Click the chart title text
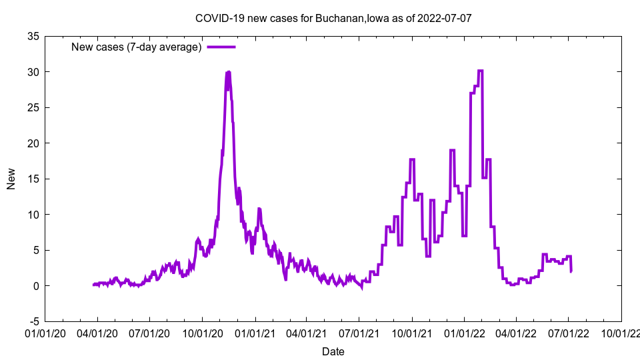[333, 18]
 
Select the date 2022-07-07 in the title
[445, 18]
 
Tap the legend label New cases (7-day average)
[137, 47]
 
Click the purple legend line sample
[221, 47]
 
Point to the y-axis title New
[11, 179]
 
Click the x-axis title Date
[333, 351]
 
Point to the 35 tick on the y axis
[33, 36]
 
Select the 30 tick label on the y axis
[33, 72]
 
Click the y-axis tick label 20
[33, 143]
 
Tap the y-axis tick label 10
[33, 215]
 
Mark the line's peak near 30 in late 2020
[229, 72]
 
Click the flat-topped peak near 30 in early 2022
[480, 71]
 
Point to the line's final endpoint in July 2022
[571, 271]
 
